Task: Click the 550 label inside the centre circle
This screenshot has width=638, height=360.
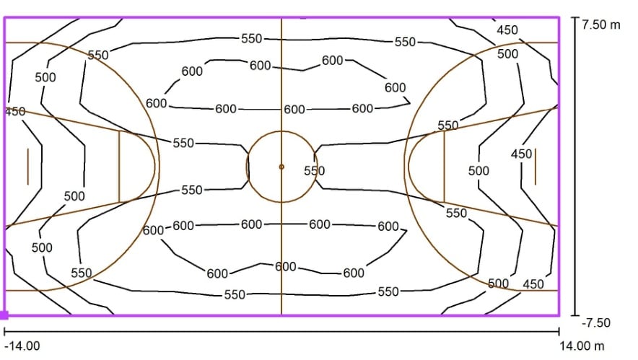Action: click(315, 171)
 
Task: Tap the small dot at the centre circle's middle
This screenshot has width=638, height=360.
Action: click(281, 167)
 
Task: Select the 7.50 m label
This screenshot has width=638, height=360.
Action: click(600, 25)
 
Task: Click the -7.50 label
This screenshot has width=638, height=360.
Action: click(596, 322)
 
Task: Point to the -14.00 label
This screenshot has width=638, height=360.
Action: click(22, 346)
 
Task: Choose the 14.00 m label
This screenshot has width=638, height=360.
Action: click(582, 346)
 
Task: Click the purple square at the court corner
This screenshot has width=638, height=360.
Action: click(4, 315)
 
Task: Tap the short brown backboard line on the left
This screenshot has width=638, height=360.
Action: click(28, 167)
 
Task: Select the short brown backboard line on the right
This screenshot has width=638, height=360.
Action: click(535, 167)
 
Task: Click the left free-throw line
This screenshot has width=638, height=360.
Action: click(119, 167)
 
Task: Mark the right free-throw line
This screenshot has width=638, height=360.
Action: click(444, 167)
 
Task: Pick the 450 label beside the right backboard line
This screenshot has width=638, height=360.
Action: click(522, 154)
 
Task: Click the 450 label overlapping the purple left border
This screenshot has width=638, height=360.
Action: click(15, 111)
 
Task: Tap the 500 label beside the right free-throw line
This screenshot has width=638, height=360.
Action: click(478, 171)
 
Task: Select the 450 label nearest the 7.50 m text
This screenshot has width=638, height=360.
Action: click(507, 30)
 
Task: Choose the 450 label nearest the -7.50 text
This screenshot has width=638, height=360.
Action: click(533, 284)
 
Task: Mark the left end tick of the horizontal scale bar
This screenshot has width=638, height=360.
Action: click(4, 332)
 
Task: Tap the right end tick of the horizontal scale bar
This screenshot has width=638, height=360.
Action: click(559, 332)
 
